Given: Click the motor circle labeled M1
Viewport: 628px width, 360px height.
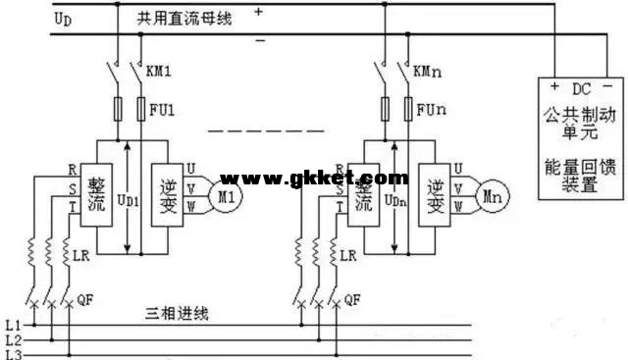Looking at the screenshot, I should pyautogui.click(x=228, y=195).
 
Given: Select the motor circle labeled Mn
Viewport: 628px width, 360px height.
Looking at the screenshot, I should pyautogui.click(x=491, y=197).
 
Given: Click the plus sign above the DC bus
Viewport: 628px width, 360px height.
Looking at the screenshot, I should pyautogui.click(x=259, y=12).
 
